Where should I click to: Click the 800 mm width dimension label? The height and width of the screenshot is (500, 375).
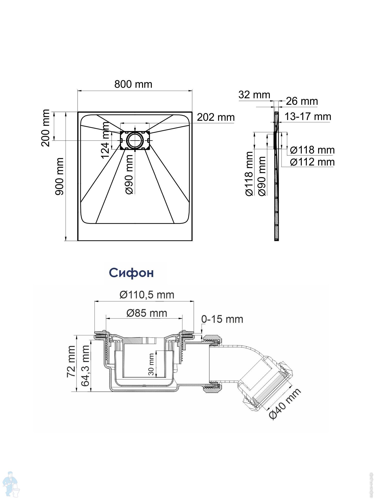[133, 84]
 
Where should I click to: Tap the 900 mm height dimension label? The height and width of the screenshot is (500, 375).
[59, 176]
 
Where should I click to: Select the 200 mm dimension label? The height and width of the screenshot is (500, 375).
[45, 128]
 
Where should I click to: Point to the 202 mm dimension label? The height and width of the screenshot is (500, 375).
[216, 117]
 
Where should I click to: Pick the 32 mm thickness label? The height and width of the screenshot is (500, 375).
[254, 95]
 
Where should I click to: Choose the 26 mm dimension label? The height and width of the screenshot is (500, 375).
[302, 101]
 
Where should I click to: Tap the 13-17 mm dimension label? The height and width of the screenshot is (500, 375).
[308, 116]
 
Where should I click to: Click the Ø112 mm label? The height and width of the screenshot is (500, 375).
[312, 162]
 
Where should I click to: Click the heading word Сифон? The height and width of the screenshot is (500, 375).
[131, 273]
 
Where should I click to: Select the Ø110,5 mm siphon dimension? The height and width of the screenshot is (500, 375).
[147, 295]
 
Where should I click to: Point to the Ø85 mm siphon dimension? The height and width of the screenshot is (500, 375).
[147, 313]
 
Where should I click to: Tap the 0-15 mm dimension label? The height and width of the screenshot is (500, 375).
[222, 319]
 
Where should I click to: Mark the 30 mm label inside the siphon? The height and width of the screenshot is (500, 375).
[151, 364]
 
